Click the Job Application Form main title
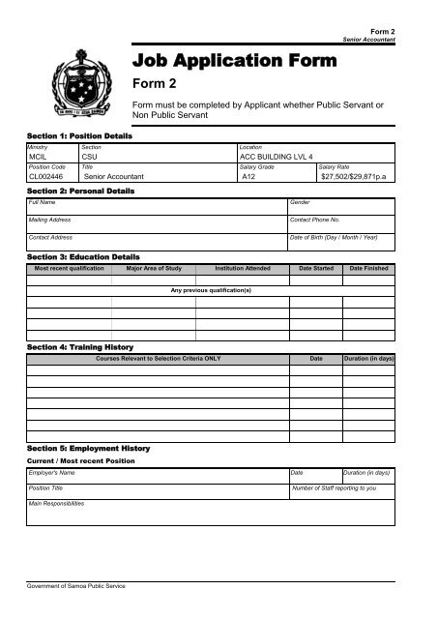click(x=235, y=62)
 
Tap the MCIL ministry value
click(x=40, y=155)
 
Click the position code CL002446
click(x=47, y=177)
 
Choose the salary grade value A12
click(x=249, y=177)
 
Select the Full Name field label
click(x=43, y=203)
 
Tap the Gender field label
click(x=301, y=203)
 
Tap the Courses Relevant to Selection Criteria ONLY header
click(x=158, y=358)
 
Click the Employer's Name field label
click(x=52, y=472)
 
